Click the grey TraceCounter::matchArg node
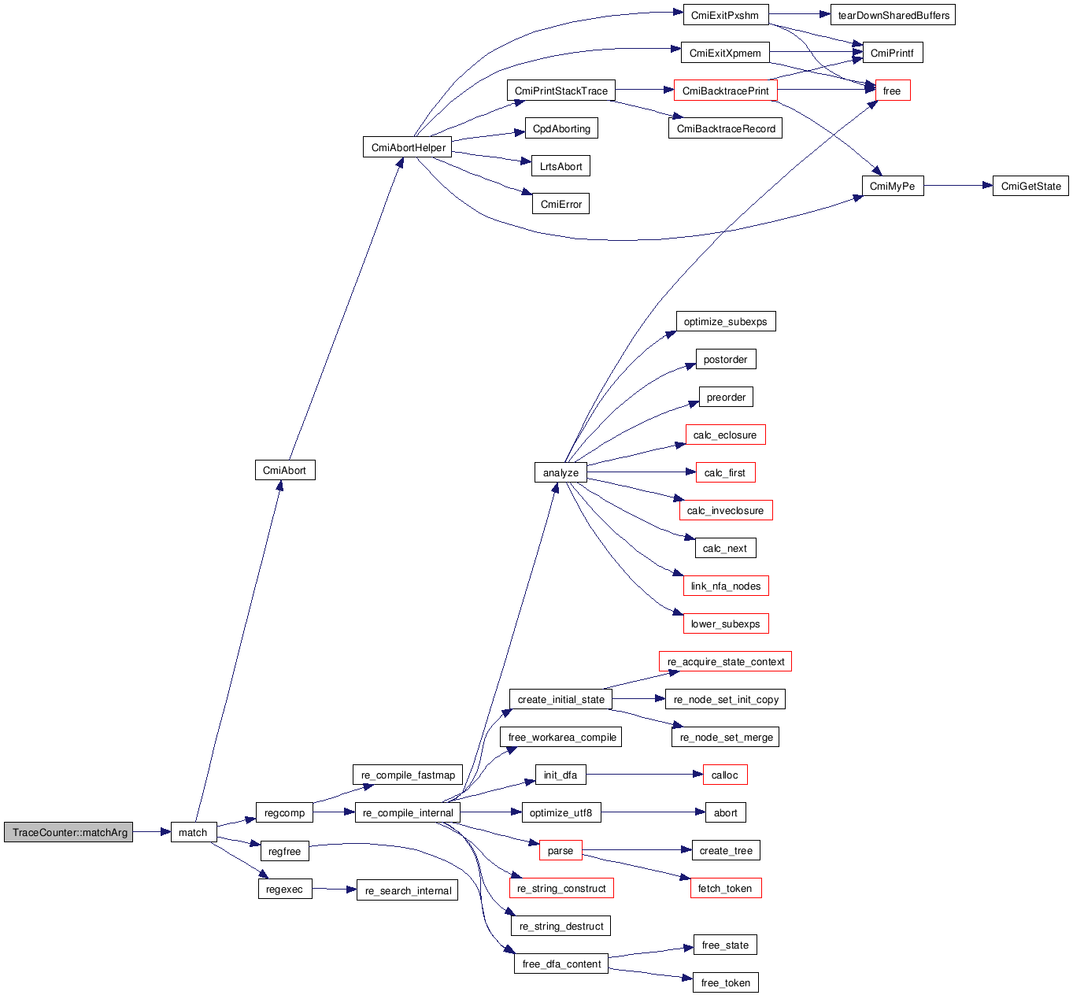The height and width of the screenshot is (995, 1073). point(68,832)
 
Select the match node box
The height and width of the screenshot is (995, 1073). point(193,832)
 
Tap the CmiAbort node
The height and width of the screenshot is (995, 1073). point(284,470)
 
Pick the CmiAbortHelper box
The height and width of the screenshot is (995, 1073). point(408,147)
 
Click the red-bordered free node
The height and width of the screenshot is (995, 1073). point(892,91)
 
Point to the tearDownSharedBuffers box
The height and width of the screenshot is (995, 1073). point(893,15)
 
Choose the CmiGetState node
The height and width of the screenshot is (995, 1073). point(1030,186)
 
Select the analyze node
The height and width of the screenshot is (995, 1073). point(561,472)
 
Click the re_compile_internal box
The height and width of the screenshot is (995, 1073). point(408,812)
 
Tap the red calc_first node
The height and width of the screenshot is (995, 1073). point(725,472)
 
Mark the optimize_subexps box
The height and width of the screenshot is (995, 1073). point(725,321)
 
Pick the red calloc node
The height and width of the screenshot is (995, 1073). point(724,775)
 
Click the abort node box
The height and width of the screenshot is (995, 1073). point(725,812)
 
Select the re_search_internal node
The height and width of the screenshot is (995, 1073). point(408,890)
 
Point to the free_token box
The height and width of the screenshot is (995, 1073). point(725,982)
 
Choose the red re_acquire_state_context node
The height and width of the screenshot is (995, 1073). point(725,661)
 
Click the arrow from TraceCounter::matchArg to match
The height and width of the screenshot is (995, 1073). point(152,832)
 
